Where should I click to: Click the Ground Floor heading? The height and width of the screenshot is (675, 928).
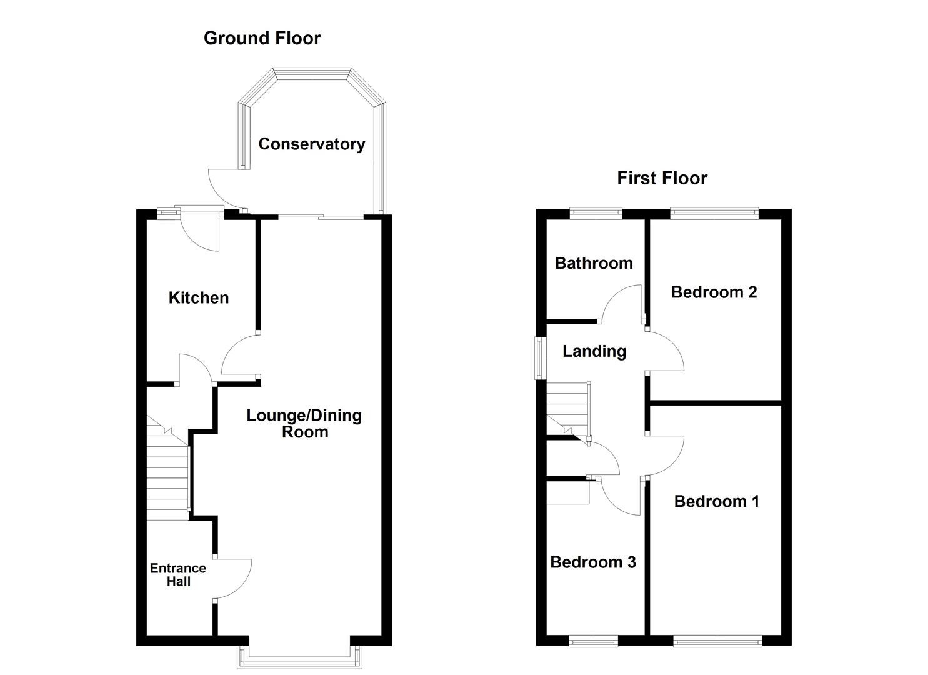(x=262, y=38)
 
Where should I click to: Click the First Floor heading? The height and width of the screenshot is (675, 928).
(x=662, y=178)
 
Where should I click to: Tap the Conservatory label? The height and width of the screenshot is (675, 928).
(x=311, y=144)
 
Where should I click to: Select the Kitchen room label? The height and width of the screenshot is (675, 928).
(x=199, y=298)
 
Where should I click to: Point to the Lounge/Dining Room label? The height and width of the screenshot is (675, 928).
(x=304, y=424)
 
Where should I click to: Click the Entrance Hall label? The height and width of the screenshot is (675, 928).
(x=178, y=575)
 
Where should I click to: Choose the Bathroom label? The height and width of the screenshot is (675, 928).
(x=594, y=263)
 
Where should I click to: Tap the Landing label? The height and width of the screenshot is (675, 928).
(x=594, y=351)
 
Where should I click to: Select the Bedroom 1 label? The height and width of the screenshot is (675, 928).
(x=716, y=501)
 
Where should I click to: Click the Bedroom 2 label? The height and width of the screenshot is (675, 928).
(x=714, y=292)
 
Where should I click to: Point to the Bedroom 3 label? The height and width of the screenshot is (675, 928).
(x=592, y=562)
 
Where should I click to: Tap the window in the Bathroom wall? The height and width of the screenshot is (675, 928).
(x=596, y=214)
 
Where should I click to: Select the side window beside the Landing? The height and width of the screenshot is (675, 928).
(x=539, y=358)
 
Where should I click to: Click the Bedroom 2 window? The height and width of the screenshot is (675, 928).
(x=714, y=214)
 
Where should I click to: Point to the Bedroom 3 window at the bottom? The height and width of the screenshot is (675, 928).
(x=593, y=641)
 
